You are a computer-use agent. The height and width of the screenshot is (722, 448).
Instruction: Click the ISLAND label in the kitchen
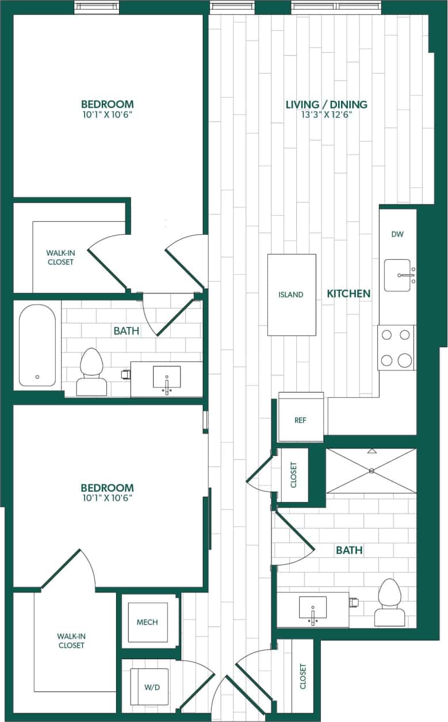click(x=291, y=295)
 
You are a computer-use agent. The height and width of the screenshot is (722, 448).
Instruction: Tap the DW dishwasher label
click(x=397, y=234)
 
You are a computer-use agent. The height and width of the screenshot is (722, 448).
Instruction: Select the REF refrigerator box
click(x=300, y=420)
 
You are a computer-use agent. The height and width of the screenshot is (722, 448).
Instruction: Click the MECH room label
click(x=147, y=622)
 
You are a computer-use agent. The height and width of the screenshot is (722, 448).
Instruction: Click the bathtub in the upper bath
click(x=37, y=345)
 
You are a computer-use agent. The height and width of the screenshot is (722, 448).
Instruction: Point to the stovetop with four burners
click(x=396, y=347)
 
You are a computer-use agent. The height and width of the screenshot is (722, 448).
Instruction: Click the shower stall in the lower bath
click(x=371, y=471)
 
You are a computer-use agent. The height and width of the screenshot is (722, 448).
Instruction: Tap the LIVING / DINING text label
click(x=326, y=104)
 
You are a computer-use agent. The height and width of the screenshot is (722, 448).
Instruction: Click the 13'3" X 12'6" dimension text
click(x=326, y=115)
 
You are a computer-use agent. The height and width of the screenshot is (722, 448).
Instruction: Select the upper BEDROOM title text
click(x=107, y=104)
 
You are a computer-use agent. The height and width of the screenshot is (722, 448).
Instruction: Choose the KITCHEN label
click(x=349, y=294)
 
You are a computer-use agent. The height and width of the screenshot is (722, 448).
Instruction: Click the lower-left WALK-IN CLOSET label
click(x=71, y=641)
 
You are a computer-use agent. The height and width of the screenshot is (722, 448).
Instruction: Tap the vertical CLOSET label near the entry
click(x=303, y=677)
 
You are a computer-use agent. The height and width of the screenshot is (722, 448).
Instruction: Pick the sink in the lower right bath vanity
click(x=313, y=608)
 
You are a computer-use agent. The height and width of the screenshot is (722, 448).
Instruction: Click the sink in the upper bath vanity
click(x=167, y=378)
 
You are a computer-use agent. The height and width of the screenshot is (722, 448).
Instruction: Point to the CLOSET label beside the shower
click(x=293, y=475)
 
